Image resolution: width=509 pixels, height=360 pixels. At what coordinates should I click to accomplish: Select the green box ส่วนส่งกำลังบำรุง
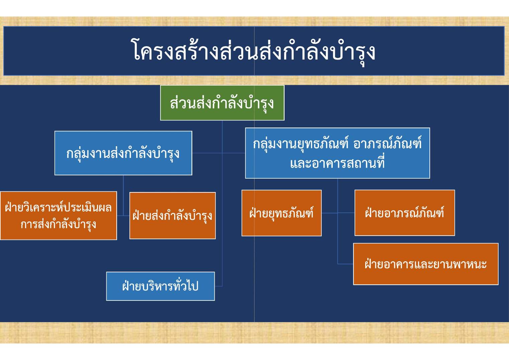[222, 103]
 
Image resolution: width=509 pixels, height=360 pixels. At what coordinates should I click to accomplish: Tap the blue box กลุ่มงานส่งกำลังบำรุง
[123, 153]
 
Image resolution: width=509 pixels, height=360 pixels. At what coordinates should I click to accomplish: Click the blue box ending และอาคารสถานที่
[337, 153]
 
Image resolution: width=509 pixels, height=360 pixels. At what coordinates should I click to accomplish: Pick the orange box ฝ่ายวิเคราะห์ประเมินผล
[59, 215]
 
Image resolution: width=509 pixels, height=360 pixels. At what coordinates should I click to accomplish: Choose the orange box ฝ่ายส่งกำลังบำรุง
[173, 215]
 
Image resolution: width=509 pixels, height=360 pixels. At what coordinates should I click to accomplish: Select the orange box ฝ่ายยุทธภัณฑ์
[281, 213]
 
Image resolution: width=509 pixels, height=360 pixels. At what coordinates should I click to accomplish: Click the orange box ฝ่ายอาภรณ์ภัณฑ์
[404, 213]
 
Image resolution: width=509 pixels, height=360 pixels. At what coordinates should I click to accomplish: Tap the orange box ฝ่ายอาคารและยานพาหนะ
[426, 264]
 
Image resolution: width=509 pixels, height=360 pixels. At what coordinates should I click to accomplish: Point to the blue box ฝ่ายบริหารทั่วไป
[161, 286]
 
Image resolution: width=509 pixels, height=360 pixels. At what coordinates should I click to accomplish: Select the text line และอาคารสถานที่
[337, 163]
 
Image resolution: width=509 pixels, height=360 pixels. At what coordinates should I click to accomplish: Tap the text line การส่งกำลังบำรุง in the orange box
[59, 224]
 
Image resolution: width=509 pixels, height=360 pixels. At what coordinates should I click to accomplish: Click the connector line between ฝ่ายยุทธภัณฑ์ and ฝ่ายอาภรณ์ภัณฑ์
[338, 213]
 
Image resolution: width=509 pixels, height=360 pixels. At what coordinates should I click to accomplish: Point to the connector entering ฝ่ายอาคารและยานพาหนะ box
[345, 264]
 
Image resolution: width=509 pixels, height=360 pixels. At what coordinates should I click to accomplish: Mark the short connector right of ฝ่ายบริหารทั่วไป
[218, 286]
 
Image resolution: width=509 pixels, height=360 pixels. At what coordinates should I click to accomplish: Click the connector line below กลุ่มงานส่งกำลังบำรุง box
[123, 195]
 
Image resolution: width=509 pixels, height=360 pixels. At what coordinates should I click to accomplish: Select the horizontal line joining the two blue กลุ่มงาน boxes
[219, 153]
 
